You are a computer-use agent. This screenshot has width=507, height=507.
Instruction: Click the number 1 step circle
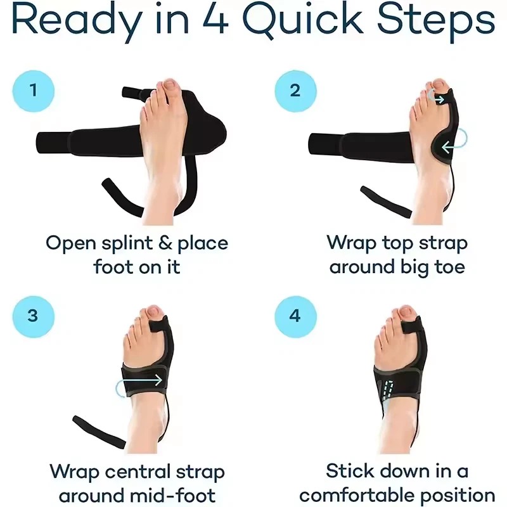click(34, 91)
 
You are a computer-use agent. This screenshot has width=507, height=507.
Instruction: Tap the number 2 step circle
click(295, 91)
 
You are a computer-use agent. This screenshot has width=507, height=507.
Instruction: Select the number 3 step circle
click(34, 315)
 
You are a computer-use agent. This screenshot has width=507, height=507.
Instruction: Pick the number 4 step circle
click(295, 315)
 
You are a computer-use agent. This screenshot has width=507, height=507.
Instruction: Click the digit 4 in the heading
click(215, 23)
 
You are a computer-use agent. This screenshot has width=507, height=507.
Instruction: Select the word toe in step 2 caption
click(448, 267)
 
